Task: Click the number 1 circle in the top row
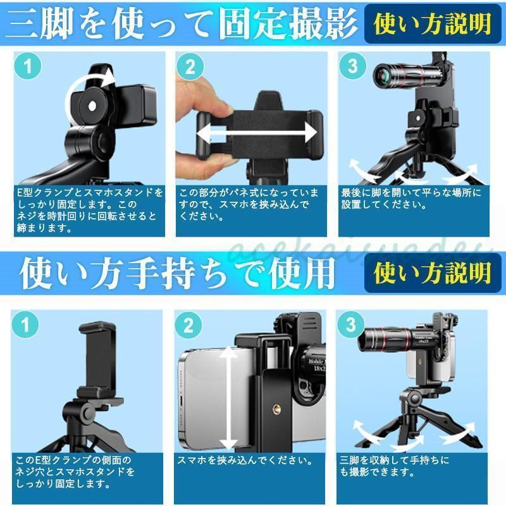point(28,66)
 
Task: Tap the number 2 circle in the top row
point(190,67)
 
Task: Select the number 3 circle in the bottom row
point(351,324)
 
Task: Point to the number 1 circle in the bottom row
point(25,324)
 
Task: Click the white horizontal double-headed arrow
point(257,132)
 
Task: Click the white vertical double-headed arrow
point(229,398)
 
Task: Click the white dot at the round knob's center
point(92,106)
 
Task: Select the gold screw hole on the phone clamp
point(276,409)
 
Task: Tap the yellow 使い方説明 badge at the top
point(433,24)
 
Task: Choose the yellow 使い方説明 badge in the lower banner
point(433,273)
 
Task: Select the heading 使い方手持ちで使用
point(177,273)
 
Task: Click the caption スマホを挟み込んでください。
point(245,460)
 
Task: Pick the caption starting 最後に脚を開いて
point(411,199)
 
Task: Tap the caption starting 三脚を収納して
point(394,466)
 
